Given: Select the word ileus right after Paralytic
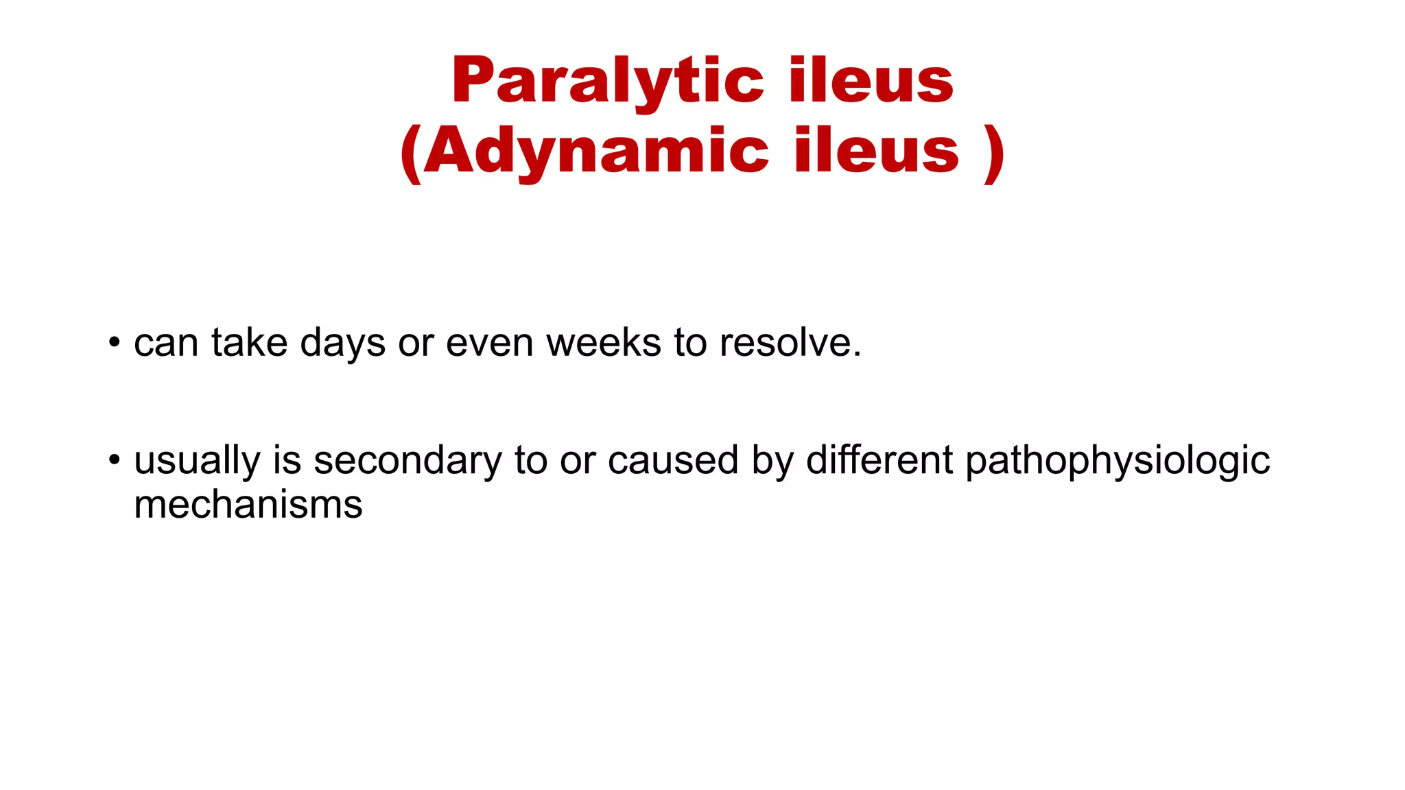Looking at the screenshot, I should [871, 81].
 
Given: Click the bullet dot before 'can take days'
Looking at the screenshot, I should [115, 342].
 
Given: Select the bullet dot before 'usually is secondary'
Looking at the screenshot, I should [115, 459].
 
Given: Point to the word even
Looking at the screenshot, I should [489, 342].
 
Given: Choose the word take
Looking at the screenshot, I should [249, 342].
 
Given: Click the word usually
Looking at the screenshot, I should [197, 461].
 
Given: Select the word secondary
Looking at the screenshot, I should [408, 461].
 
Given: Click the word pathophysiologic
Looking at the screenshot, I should [1118, 461].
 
